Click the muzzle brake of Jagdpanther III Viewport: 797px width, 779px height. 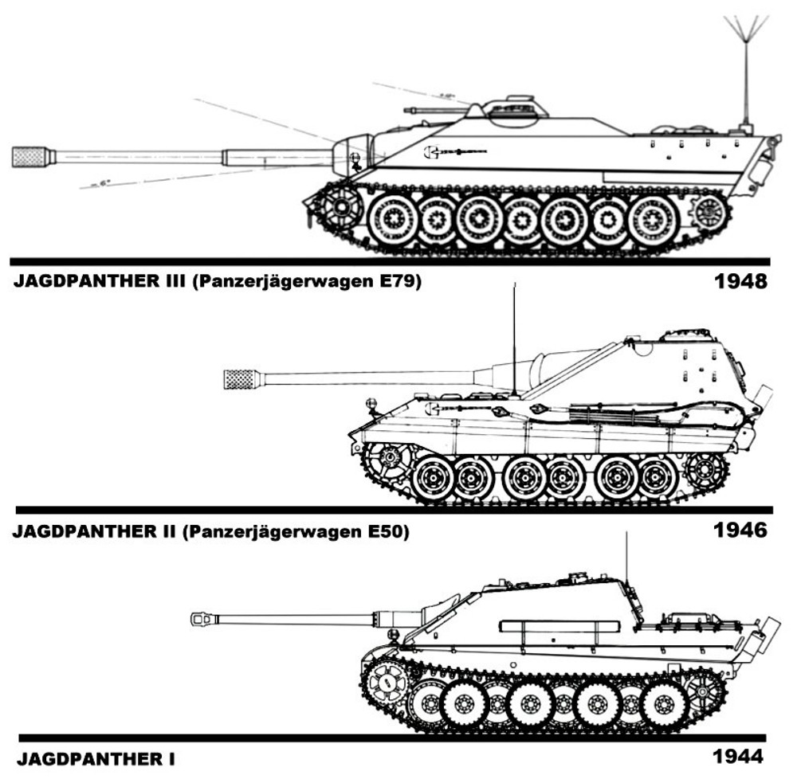coord(32,156)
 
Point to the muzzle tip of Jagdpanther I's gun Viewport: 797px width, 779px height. coord(196,617)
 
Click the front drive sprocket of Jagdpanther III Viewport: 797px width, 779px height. coord(343,208)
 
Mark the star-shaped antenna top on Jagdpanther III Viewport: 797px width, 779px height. coord(747,32)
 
